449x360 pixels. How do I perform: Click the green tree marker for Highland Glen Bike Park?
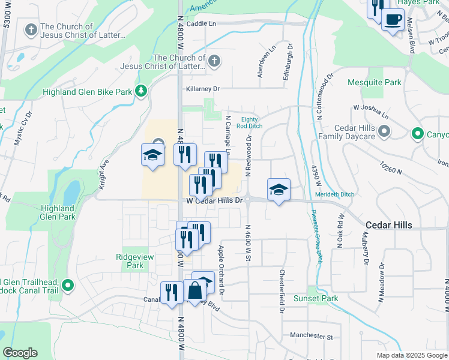tap(141, 91)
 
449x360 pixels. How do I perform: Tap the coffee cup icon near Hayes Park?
tap(393, 20)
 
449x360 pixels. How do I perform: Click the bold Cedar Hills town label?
tap(389, 224)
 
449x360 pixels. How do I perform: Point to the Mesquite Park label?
tap(375, 82)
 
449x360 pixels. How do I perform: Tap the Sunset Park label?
tap(315, 298)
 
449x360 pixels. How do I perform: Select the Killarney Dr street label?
tap(203, 88)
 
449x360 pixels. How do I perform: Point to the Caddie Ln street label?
tap(200, 24)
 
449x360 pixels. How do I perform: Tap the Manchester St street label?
tap(311, 336)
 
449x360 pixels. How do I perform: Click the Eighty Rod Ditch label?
tap(252, 122)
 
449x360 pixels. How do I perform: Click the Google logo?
tap(20, 353)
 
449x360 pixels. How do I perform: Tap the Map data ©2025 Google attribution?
tap(412, 355)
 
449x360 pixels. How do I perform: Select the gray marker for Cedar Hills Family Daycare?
tap(385, 130)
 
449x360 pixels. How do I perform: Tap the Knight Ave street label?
tap(104, 174)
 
